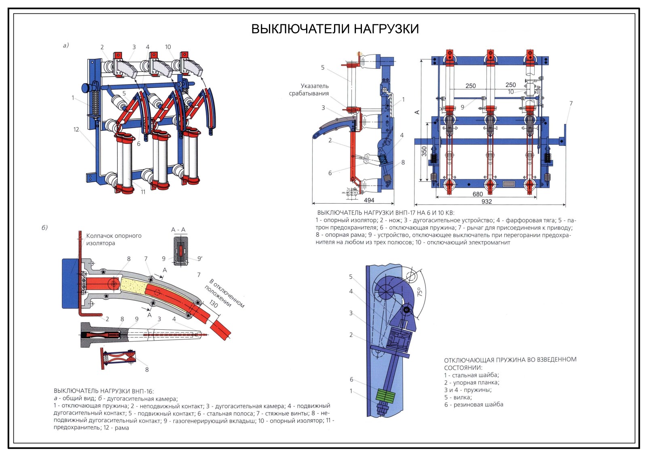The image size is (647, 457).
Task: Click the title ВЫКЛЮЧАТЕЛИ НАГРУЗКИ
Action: coord(335,29)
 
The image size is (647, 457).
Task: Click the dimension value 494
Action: coord(369,200)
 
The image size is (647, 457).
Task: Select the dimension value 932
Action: coord(486,201)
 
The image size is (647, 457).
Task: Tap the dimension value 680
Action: coord(478,194)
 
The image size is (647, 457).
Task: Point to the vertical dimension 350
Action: coord(424,151)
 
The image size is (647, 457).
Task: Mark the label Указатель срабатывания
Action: coord(309,90)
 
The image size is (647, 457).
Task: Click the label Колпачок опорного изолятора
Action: coord(113,239)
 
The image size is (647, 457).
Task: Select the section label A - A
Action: coord(178,230)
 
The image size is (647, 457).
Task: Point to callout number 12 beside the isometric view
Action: coord(76,129)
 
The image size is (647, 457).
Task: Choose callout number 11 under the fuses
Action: coord(143,192)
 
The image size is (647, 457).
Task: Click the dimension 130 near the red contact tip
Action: coord(213,304)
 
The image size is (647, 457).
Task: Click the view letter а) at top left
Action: coord(66,45)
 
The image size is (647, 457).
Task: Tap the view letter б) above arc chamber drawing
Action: coord(44,227)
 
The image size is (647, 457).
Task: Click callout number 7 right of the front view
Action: coord(571,103)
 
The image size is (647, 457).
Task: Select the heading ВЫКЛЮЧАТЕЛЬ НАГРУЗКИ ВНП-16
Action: coord(104,391)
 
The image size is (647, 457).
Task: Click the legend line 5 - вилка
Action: coord(458,397)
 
